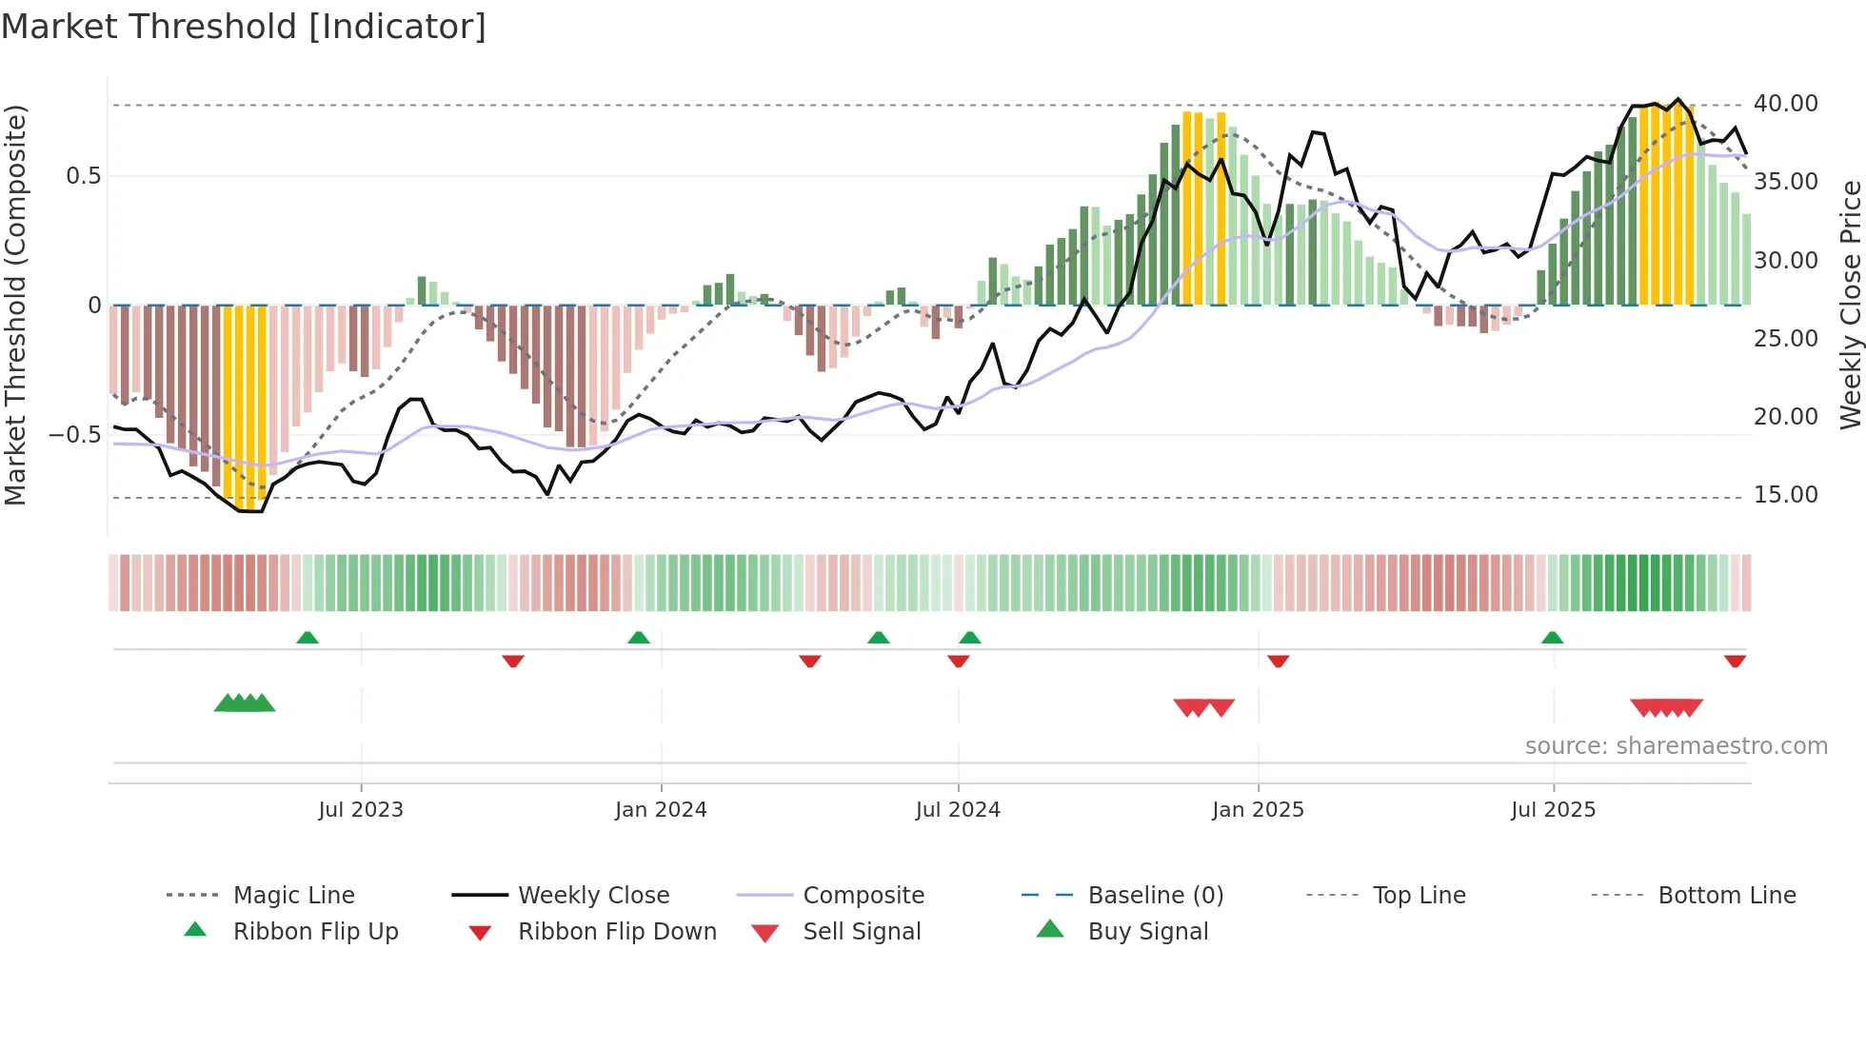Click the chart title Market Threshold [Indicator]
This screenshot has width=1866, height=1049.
pyautogui.click(x=244, y=27)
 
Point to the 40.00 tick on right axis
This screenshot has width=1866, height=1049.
pyautogui.click(x=1785, y=104)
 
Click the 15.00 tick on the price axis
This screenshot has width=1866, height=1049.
pyautogui.click(x=1785, y=495)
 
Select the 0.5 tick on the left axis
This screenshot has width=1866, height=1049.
pyautogui.click(x=83, y=176)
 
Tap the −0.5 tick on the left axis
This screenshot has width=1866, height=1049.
pyautogui.click(x=74, y=435)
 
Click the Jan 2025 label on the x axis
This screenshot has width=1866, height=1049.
pyautogui.click(x=1258, y=810)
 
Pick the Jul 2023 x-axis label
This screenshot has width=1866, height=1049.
pyautogui.click(x=361, y=810)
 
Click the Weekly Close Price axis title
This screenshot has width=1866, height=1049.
pyautogui.click(x=1850, y=305)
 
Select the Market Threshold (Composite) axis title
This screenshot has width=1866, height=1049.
pyautogui.click(x=15, y=305)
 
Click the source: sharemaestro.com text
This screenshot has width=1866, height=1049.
pyautogui.click(x=1676, y=746)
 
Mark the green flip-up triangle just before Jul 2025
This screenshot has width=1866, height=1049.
pyautogui.click(x=1552, y=638)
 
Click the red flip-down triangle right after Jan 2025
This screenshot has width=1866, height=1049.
pyautogui.click(x=1278, y=661)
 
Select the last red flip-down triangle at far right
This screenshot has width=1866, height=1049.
pyautogui.click(x=1735, y=661)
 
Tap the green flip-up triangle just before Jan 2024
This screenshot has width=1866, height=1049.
pyautogui.click(x=639, y=638)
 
